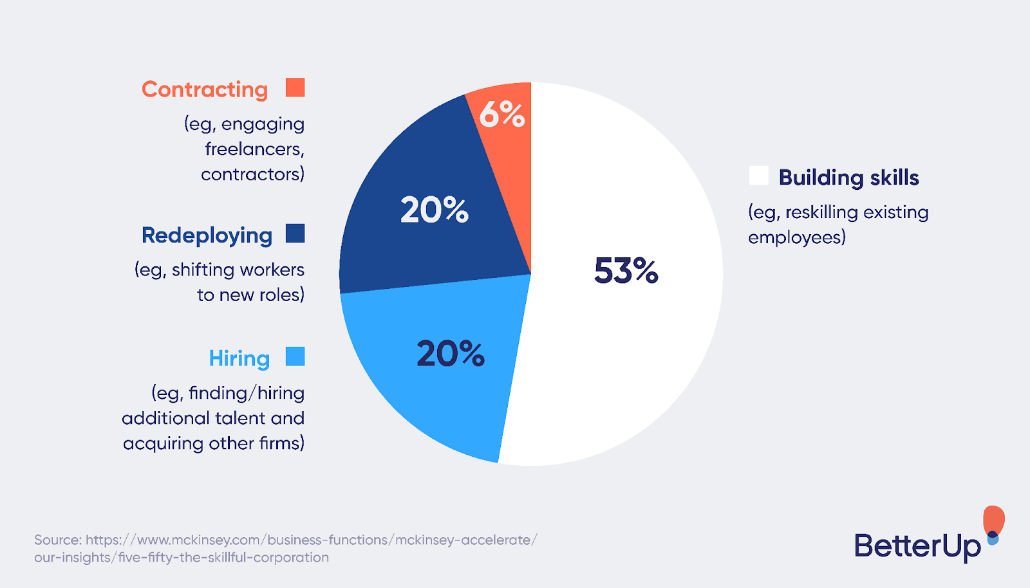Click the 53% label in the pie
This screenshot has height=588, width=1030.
click(x=626, y=270)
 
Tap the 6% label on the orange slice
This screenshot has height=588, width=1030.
click(x=502, y=115)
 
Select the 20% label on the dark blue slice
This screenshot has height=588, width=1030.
click(x=435, y=210)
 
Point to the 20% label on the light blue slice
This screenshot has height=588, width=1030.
click(x=451, y=353)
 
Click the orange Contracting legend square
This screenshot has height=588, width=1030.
click(x=295, y=87)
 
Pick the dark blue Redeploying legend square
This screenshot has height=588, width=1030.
click(x=295, y=234)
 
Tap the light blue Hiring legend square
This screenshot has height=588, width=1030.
click(x=295, y=356)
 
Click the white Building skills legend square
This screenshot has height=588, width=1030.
click(x=758, y=176)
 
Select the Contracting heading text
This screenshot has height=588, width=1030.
click(x=205, y=89)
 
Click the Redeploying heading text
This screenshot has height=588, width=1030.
click(x=207, y=235)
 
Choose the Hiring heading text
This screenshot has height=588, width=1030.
click(x=239, y=358)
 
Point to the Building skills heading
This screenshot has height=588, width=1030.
click(x=848, y=178)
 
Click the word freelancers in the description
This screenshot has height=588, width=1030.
click(x=253, y=149)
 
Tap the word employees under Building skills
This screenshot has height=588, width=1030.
click(x=795, y=238)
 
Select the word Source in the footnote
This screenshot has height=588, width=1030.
click(x=57, y=540)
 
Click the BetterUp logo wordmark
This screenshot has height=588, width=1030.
click(x=917, y=546)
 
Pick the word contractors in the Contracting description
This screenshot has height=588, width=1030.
click(x=251, y=174)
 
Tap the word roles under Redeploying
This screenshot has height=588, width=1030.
click(x=281, y=295)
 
